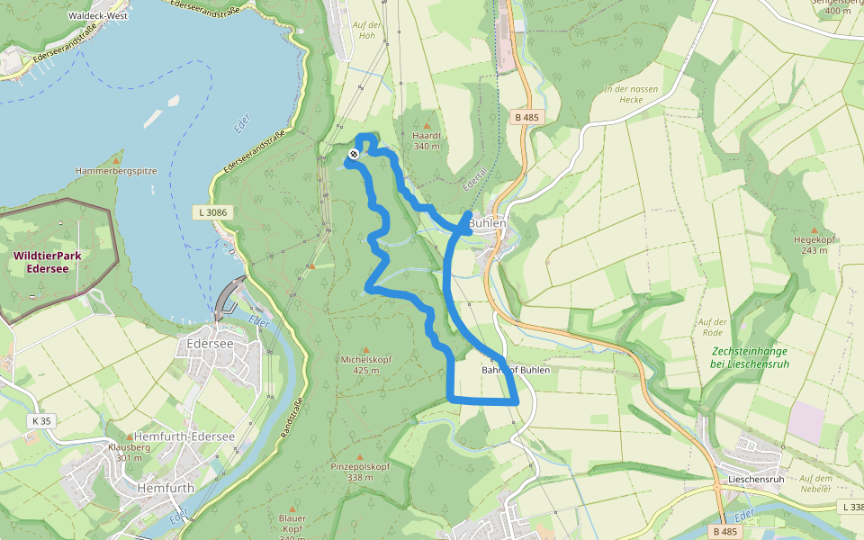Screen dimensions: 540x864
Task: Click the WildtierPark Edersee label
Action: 48,261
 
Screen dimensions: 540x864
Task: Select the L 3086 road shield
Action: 211,212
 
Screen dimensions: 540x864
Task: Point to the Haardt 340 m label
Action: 426,140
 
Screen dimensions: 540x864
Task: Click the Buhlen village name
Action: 487,223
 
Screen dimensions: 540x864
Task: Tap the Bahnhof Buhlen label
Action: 516,370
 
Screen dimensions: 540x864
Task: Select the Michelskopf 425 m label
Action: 364,364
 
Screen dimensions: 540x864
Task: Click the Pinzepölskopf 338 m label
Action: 360,471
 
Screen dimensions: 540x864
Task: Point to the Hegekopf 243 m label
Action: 814,244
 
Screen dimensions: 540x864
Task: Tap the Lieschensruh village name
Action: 757,479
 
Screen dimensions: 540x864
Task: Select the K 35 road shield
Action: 40,420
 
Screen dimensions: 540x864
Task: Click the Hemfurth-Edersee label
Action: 184,436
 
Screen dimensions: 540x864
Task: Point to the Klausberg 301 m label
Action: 129,452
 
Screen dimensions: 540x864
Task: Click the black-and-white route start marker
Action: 354,154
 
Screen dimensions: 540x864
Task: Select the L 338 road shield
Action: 851,508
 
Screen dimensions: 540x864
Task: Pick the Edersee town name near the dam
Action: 209,343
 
